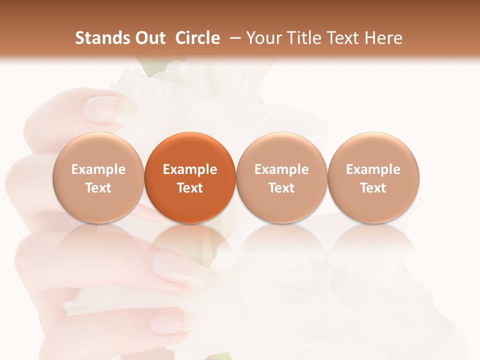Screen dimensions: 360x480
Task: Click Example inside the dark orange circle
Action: [190, 169]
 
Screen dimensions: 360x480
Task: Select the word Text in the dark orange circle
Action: [190, 188]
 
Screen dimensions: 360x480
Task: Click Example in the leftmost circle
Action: [98, 169]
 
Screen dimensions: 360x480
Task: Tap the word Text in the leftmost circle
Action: [98, 188]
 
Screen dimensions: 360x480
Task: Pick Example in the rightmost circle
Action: [373, 169]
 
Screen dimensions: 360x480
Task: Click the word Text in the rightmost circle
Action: [373, 188]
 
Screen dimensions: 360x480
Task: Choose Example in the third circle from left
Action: [281, 169]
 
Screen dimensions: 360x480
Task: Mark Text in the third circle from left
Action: [281, 188]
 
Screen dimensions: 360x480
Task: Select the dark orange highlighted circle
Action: [190, 150]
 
